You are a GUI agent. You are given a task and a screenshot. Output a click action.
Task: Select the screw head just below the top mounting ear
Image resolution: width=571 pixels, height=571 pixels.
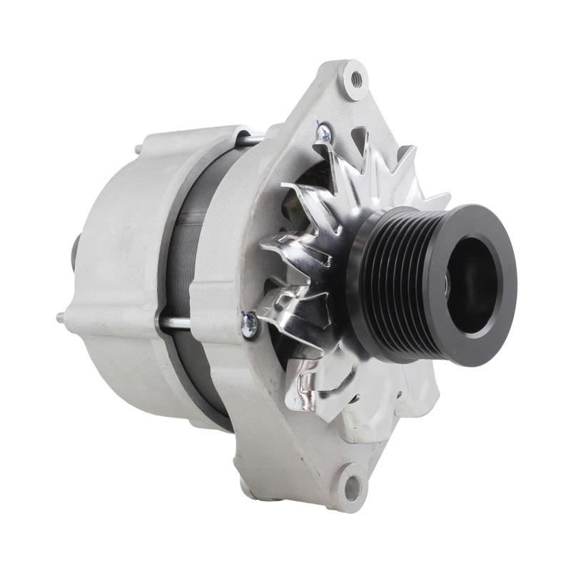coord(323,131)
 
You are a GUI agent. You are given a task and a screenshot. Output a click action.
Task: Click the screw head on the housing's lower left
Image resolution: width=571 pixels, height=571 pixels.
coord(250,325)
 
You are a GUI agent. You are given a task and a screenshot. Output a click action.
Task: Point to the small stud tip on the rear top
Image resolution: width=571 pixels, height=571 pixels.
coord(137,149)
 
